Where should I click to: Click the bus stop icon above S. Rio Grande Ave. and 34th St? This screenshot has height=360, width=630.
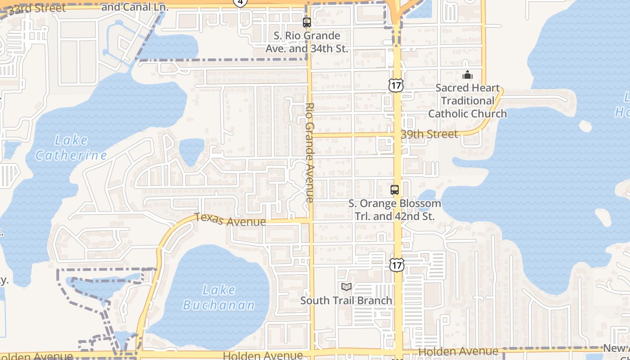pos(307,22)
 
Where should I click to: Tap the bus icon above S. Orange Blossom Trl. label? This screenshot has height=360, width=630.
pos(395,189)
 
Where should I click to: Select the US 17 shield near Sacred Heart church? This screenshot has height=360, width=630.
pos(396,85)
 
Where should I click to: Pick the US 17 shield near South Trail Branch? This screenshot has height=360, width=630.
pos(396,265)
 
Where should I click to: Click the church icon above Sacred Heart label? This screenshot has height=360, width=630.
pos(468,75)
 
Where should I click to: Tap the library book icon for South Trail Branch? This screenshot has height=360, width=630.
pos(346,287)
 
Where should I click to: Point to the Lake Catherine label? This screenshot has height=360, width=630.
pos(71,148)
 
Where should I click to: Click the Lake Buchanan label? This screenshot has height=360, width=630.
pos(219,297)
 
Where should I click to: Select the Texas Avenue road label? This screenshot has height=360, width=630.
pos(230,220)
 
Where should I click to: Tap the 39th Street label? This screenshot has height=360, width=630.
pos(429,134)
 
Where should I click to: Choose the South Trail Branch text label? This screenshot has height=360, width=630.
pos(346,300)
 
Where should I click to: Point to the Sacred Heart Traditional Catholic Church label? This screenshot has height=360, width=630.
pos(468,101)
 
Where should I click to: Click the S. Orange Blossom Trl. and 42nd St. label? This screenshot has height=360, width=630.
pos(395,210)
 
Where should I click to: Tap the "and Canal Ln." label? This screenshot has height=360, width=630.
pos(135,7)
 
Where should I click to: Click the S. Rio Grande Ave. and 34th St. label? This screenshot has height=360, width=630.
pos(307,42)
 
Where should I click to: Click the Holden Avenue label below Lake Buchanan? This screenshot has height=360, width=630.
pos(263,355)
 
